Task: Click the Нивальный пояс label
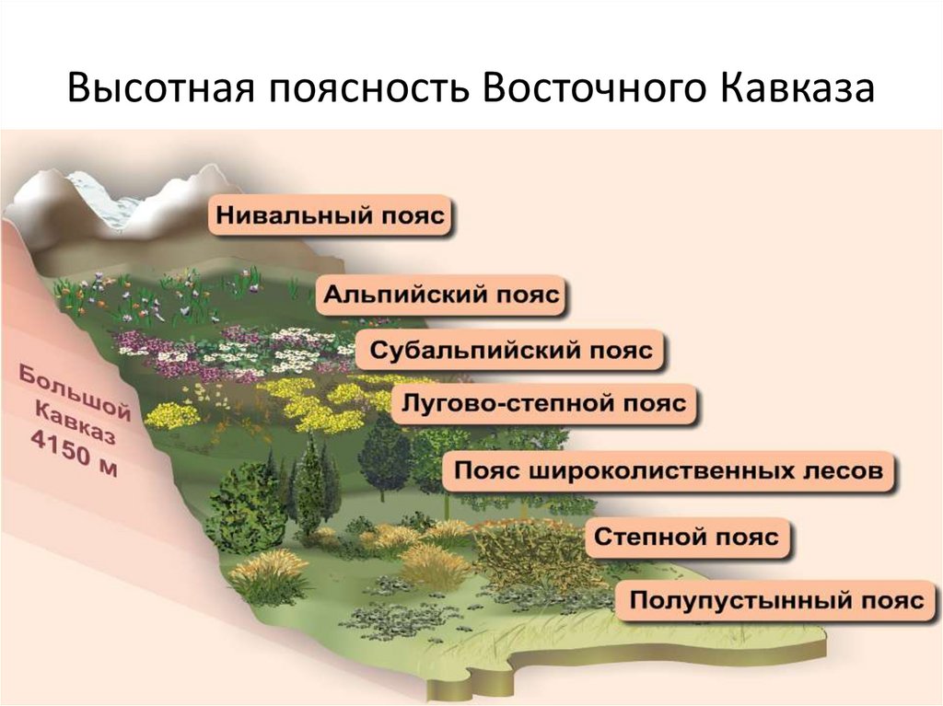pos(331,217)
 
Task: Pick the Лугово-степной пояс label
pos(541,404)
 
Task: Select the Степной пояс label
pos(686,537)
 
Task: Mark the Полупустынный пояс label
pos(776,601)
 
